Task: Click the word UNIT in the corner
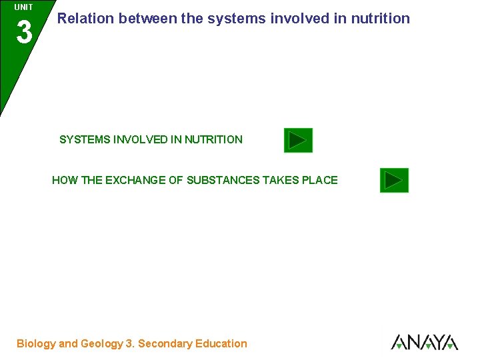(23, 7)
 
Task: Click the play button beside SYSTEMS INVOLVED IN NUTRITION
(298, 141)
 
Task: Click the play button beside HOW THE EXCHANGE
(394, 180)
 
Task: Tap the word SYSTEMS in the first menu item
(85, 140)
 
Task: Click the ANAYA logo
(424, 342)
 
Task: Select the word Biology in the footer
(36, 344)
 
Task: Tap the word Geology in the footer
(101, 344)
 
